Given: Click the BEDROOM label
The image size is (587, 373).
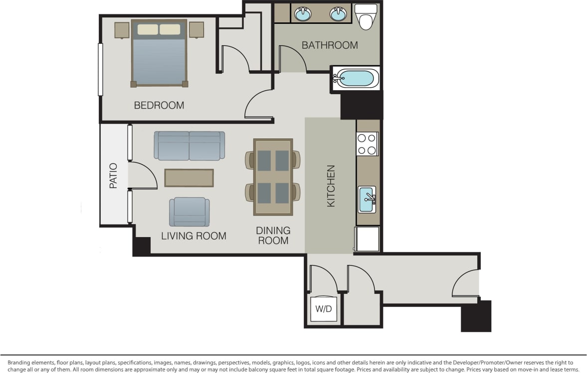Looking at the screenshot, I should (159, 106).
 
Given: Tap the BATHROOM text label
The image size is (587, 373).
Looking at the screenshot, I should (330, 45).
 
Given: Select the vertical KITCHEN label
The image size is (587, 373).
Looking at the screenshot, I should (331, 186).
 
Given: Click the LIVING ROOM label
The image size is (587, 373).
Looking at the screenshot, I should (194, 236).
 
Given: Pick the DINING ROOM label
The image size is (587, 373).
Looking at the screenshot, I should (273, 236).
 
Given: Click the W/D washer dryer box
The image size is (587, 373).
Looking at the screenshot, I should (323, 309).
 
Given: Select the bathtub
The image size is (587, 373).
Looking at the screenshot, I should (356, 79).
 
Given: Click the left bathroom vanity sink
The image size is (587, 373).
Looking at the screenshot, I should (303, 14).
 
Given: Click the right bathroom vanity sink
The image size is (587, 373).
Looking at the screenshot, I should (338, 14).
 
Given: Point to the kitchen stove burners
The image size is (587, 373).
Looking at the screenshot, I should (367, 144).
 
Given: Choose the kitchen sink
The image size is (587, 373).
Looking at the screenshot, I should (367, 199).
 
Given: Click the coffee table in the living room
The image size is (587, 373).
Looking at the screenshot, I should (189, 178).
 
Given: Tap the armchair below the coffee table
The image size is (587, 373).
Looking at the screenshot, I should (189, 212).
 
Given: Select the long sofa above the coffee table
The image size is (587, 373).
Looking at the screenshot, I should (189, 145).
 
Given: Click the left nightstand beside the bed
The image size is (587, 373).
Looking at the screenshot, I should (122, 30).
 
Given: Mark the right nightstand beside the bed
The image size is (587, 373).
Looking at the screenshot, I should (196, 30).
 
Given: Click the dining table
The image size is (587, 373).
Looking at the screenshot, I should (273, 177).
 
